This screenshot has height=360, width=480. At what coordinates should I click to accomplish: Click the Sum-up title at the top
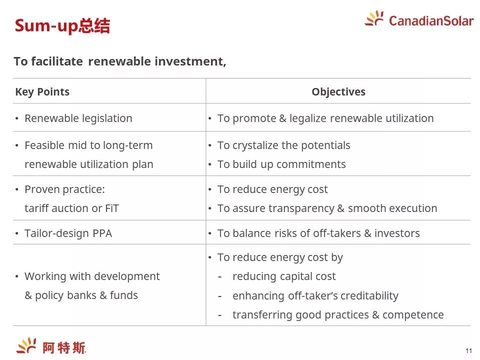click(62, 25)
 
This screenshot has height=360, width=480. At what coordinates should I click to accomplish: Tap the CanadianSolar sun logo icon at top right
click(374, 18)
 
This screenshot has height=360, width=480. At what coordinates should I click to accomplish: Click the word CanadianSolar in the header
click(431, 21)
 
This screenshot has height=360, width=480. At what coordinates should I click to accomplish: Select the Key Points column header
click(42, 92)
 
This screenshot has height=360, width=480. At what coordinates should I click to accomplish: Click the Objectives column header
click(338, 92)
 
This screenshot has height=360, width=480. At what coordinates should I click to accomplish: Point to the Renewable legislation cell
click(78, 118)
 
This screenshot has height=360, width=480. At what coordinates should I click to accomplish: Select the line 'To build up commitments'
click(281, 164)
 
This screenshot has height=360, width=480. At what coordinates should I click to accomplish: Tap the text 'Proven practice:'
click(64, 189)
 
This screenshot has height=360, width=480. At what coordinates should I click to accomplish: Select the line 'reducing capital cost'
click(284, 276)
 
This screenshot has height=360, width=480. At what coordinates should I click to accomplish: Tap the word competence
click(413, 315)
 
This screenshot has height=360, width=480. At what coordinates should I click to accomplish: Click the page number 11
click(468, 351)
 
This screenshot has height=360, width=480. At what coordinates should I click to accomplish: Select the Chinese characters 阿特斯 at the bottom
click(63, 348)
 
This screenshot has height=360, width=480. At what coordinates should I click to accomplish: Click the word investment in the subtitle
click(190, 61)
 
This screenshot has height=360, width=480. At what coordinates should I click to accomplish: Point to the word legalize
click(308, 118)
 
